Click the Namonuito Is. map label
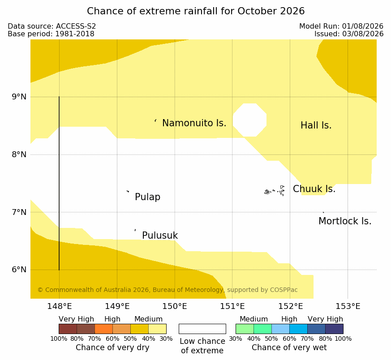point(194,123)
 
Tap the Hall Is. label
point(316,125)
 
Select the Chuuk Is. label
point(314,189)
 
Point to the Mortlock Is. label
point(345,221)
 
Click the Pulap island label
point(148,197)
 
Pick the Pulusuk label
point(160,236)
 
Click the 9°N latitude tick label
point(19,97)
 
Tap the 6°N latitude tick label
point(19,270)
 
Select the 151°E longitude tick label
point(232,306)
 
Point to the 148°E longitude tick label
point(60,306)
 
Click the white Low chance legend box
point(202,329)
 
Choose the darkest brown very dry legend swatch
point(68,329)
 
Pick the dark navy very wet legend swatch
point(334,329)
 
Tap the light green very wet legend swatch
point(245,329)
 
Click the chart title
point(196,11)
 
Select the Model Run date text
point(341,26)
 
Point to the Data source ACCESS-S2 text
point(52,26)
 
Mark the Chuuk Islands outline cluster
point(275,191)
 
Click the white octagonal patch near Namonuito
point(249,120)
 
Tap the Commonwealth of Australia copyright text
point(168,290)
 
